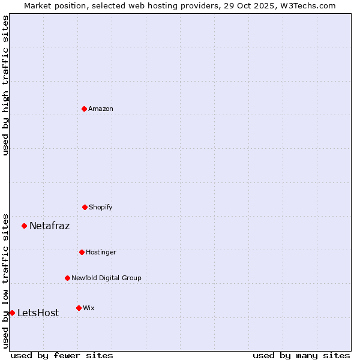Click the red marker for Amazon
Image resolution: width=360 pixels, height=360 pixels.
[x=84, y=109]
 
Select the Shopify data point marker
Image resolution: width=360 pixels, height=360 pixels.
[x=85, y=207]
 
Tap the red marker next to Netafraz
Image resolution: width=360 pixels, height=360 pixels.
[x=24, y=226]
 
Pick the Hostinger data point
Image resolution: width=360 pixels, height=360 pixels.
[x=82, y=252]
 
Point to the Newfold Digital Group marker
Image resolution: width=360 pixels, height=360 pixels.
[x=67, y=278]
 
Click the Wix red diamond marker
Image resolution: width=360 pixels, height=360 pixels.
[x=79, y=308]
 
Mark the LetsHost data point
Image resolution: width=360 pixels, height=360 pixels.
[x=12, y=313]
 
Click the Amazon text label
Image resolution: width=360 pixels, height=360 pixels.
[x=101, y=109]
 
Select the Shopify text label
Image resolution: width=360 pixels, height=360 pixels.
[x=101, y=207]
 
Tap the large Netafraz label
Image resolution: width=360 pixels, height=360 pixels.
[x=50, y=226]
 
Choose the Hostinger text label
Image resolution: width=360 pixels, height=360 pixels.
[x=101, y=252]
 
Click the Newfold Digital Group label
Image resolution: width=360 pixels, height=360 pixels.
[x=106, y=278]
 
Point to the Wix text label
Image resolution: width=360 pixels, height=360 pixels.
[x=89, y=308]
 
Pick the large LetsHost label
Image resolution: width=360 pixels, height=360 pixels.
[x=38, y=313]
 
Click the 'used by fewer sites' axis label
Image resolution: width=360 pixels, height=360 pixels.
[x=62, y=355]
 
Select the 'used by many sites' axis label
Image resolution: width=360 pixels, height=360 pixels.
[x=301, y=355]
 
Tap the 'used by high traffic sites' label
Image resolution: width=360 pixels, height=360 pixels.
[x=5, y=85]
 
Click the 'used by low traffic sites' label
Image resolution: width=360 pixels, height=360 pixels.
[x=5, y=280]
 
